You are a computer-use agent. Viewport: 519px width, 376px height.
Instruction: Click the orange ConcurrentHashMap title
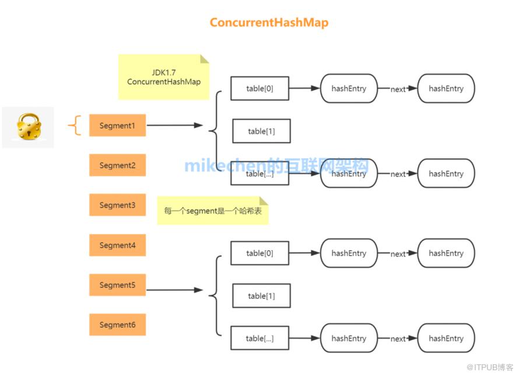[269, 23]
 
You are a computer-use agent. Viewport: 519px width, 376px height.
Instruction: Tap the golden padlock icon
[29, 126]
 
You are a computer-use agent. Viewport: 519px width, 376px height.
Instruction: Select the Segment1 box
[117, 125]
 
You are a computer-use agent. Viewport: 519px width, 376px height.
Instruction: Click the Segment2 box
[117, 165]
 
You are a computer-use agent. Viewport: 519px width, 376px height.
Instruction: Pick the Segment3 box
[117, 205]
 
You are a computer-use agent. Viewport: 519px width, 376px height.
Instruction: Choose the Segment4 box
[117, 245]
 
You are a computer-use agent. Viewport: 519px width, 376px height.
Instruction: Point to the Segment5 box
[117, 285]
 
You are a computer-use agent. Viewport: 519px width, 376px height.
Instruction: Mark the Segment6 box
[117, 324]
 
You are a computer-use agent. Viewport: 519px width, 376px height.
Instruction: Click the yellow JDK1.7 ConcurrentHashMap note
[164, 77]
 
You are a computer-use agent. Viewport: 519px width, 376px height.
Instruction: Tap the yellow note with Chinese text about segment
[213, 211]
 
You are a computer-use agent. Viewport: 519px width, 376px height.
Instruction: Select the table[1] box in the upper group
[261, 131]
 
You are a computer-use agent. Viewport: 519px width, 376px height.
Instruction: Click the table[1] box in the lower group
[261, 296]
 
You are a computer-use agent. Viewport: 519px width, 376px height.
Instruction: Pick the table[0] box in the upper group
[260, 88]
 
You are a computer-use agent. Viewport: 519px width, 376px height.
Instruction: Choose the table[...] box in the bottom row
[260, 338]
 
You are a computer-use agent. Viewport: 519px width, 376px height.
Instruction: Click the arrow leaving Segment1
[174, 125]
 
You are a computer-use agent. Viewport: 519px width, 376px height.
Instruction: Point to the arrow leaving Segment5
[174, 290]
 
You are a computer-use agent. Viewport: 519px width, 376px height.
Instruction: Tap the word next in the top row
[398, 89]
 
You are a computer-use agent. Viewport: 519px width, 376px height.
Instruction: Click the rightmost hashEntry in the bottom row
[446, 338]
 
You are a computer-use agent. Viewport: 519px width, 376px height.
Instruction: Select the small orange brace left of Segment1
[75, 125]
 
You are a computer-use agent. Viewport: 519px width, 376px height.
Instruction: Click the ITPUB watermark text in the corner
[489, 367]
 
